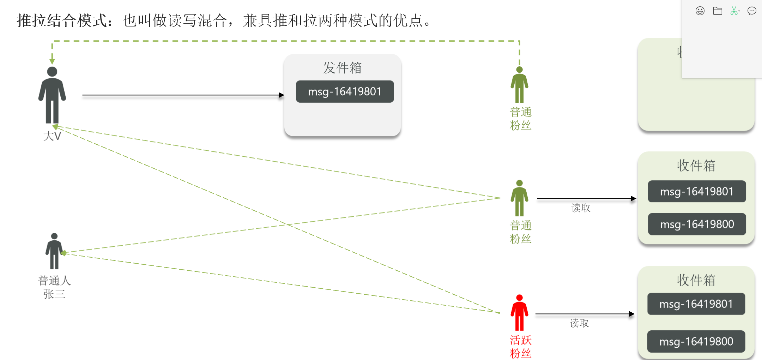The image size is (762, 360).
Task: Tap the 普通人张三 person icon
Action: click(54, 251)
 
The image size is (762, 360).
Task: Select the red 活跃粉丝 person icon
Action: click(519, 313)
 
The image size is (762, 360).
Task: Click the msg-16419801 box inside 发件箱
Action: click(345, 92)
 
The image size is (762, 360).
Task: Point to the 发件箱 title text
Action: click(342, 68)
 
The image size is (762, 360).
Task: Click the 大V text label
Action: click(52, 136)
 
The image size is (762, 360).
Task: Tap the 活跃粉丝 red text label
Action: click(520, 347)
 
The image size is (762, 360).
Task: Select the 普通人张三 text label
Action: click(54, 287)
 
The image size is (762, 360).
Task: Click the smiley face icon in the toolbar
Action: click(700, 11)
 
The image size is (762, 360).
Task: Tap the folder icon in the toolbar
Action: click(718, 11)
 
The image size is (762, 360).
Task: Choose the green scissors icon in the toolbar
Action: click(734, 11)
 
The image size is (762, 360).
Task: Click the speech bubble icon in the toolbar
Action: click(752, 11)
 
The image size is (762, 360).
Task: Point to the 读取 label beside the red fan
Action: click(579, 323)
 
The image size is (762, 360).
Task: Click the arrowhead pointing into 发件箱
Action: click(282, 95)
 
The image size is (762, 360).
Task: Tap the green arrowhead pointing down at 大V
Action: click(52, 61)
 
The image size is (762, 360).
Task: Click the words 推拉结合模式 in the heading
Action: click(62, 20)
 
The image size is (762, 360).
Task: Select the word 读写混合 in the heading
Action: click(198, 20)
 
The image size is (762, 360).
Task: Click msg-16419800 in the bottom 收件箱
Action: click(696, 341)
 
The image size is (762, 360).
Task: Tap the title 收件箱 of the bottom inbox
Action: click(696, 280)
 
